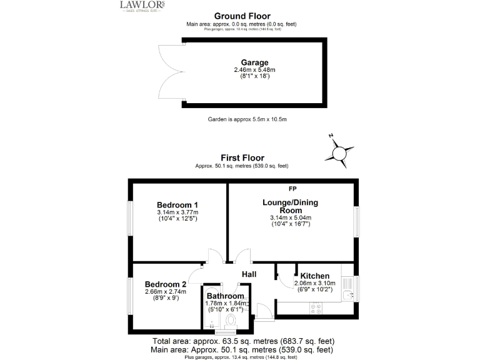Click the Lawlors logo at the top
point(142,6)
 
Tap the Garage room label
point(255,62)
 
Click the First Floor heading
point(242,158)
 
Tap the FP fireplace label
point(292,188)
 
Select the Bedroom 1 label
point(177,204)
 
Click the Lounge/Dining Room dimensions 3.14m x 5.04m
point(290,217)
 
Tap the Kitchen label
point(314,276)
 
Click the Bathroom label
point(226,296)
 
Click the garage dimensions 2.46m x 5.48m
point(255,70)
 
